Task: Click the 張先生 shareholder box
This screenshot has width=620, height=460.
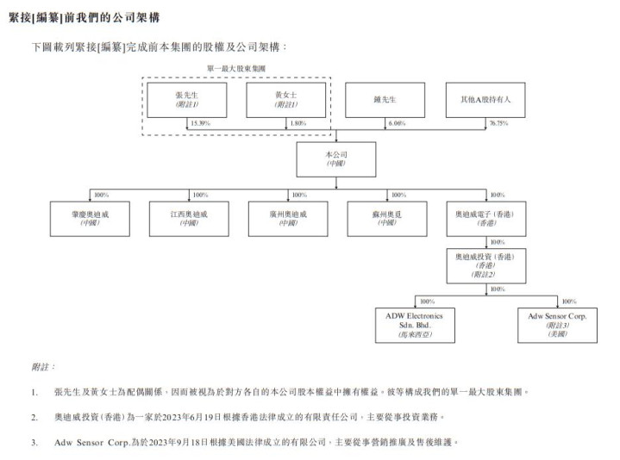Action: tap(187, 100)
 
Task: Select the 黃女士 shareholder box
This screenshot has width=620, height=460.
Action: tap(285, 100)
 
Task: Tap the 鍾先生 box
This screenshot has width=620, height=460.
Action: tap(385, 100)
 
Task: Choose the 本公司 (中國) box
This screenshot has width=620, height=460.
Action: tap(336, 159)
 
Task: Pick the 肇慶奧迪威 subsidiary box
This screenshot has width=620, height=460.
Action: tap(90, 217)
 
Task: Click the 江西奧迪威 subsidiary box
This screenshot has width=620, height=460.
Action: tap(188, 217)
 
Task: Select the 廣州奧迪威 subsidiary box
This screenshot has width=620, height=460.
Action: tap(286, 217)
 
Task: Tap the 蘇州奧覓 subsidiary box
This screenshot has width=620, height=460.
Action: tap(385, 217)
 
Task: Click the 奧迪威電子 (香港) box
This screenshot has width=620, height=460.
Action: tap(485, 217)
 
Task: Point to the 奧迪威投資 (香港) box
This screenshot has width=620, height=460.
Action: tap(485, 265)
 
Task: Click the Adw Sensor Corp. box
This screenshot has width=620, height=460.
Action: tap(557, 325)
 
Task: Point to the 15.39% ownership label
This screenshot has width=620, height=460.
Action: tap(199, 124)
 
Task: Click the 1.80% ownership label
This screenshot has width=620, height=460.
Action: tap(297, 124)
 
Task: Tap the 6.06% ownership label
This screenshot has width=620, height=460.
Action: tap(398, 124)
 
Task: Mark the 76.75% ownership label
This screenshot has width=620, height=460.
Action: tap(498, 124)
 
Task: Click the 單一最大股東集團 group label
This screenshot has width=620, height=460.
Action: tap(235, 68)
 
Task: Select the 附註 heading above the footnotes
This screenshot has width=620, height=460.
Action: tap(42, 367)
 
